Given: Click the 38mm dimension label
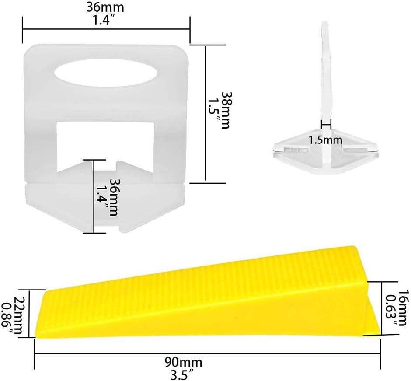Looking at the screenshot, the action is click(226, 110).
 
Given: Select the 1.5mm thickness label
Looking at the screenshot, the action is click(325, 140).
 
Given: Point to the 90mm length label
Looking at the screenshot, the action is click(184, 363).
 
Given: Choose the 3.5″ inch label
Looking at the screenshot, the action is click(184, 374).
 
